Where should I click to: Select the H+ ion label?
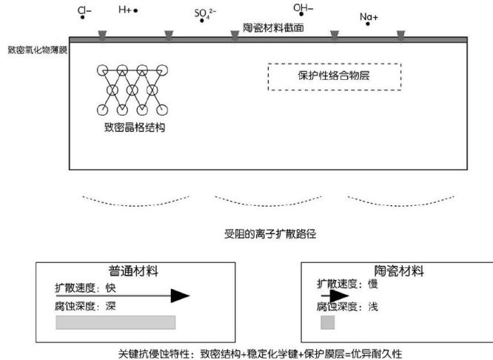126,10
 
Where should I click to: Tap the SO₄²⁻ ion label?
204,13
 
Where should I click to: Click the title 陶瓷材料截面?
274,27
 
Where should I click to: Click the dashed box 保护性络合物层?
334,76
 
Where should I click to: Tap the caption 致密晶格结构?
134,127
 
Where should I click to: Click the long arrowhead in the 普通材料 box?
180,296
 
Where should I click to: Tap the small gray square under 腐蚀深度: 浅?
327,322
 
